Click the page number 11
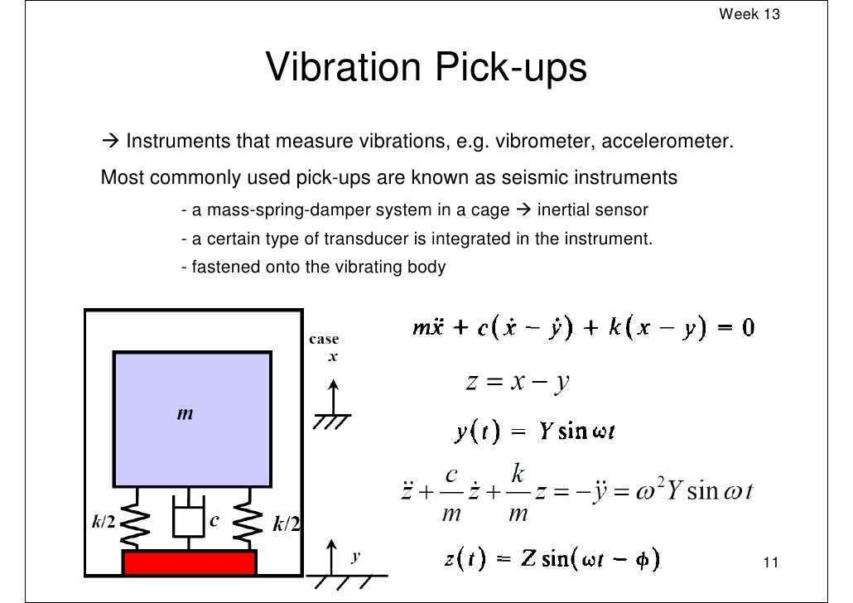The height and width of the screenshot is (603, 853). pyautogui.click(x=770, y=564)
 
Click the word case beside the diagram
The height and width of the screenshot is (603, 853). pyautogui.click(x=323, y=340)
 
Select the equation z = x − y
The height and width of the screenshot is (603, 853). pyautogui.click(x=517, y=383)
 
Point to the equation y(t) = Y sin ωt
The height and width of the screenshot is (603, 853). pyautogui.click(x=534, y=432)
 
